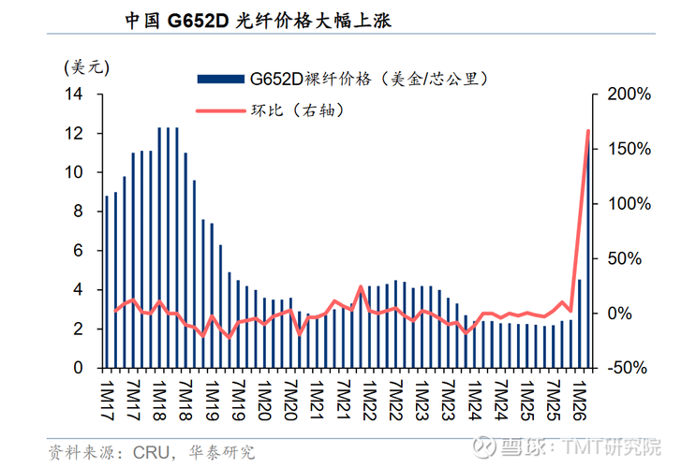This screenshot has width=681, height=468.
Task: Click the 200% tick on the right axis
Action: point(624,95)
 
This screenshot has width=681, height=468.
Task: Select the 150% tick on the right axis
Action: point(624,149)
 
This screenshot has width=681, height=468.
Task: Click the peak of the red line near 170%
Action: point(588,131)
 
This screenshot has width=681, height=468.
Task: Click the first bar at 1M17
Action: point(107,282)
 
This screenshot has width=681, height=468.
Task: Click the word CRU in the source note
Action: point(150,453)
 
